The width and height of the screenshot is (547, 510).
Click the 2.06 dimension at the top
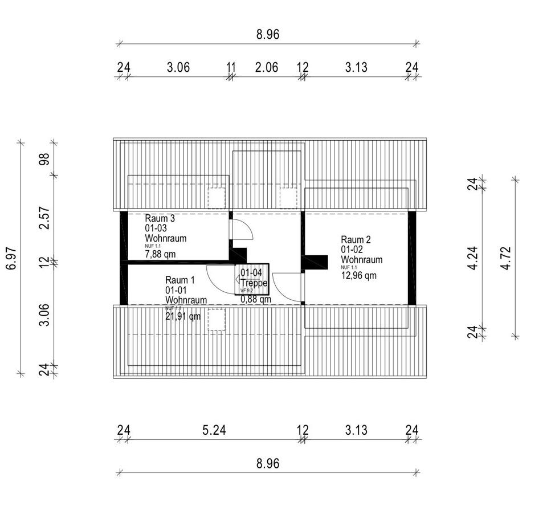267,67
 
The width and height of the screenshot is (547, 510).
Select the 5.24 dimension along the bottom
214,430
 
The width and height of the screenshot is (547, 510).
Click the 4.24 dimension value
473,258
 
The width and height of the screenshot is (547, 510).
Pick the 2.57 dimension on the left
44,218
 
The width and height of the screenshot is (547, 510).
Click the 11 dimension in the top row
231,67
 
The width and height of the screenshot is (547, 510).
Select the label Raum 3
160,218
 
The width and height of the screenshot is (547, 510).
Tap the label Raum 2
356,239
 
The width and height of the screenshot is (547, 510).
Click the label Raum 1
180,280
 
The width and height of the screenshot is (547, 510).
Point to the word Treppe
254,283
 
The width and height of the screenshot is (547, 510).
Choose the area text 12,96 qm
359,276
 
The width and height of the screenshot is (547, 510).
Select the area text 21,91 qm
183,316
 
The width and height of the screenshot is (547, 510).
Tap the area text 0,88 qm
255,299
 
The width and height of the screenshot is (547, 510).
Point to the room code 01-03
157,228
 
